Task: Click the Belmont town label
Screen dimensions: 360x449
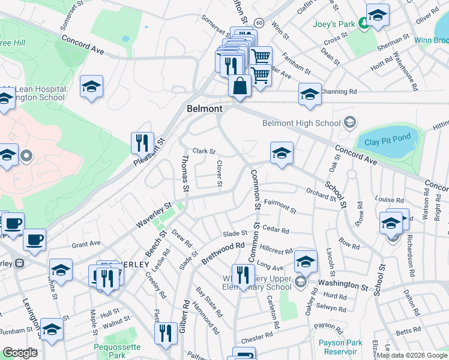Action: (204, 109)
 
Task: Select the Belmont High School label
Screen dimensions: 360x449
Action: (301, 124)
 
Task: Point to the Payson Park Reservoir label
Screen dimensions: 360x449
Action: (340, 347)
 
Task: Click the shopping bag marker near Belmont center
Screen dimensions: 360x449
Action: (240, 86)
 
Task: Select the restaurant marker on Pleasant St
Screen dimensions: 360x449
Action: (142, 143)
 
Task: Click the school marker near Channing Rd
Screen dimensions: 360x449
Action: (310, 95)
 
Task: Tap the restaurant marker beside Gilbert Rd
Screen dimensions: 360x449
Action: (166, 334)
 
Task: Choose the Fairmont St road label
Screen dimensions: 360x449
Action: (280, 207)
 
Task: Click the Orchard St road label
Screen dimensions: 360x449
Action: (320, 194)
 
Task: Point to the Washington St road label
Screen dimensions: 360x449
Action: (343, 284)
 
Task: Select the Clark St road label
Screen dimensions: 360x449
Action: (203, 151)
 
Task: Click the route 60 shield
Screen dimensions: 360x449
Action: (258, 22)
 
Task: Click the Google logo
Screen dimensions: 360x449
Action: (20, 353)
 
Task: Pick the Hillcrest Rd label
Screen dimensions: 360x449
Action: (276, 251)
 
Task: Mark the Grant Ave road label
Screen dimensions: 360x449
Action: (86, 244)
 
